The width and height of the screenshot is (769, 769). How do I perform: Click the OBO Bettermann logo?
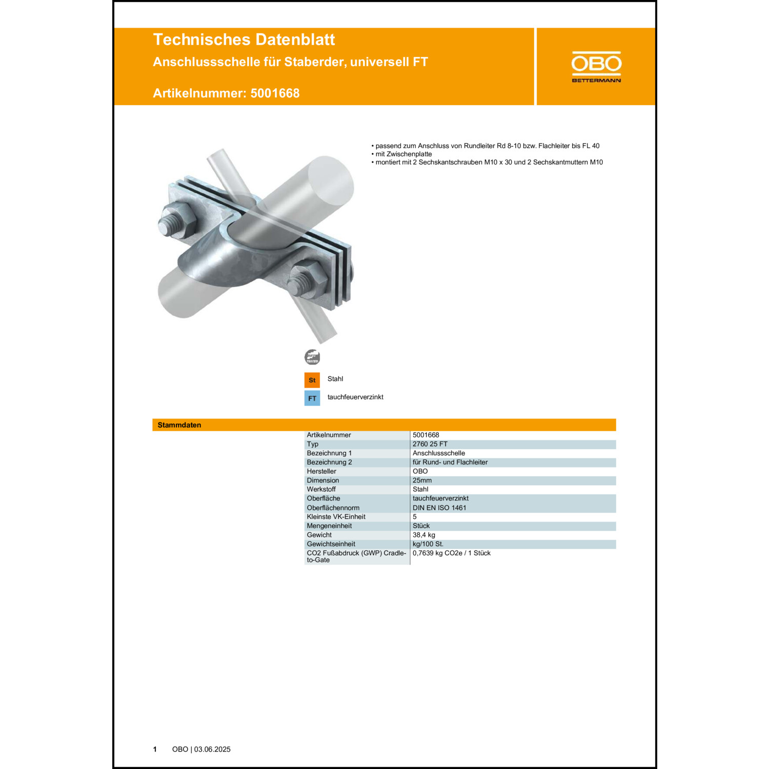click(x=596, y=67)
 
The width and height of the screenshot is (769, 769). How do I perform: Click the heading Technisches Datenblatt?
click(x=244, y=39)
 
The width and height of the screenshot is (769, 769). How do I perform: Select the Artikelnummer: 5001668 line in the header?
click(x=226, y=93)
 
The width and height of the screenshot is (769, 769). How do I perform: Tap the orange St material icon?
click(x=312, y=380)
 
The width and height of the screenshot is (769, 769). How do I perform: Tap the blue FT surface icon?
click(x=312, y=398)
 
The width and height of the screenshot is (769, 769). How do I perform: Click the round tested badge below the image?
click(x=312, y=357)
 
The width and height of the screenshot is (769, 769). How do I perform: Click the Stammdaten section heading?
click(x=179, y=425)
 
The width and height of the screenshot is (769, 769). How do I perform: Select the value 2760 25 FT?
click(x=430, y=444)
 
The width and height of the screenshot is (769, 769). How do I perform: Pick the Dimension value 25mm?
click(x=422, y=480)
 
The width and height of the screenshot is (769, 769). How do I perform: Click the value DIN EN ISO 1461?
click(x=439, y=508)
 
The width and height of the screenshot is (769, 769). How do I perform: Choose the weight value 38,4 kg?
click(x=423, y=535)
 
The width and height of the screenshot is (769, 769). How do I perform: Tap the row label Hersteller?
click(x=321, y=471)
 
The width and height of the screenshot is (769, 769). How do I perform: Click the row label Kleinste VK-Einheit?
click(x=336, y=517)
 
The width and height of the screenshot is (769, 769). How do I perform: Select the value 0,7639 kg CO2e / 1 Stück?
click(x=451, y=553)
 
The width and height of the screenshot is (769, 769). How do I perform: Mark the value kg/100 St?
click(x=428, y=544)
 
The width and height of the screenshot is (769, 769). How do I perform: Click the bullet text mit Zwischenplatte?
click(x=403, y=154)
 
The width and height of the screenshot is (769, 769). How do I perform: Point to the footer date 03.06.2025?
click(x=212, y=750)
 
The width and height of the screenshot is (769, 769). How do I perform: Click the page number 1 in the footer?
click(x=155, y=750)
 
